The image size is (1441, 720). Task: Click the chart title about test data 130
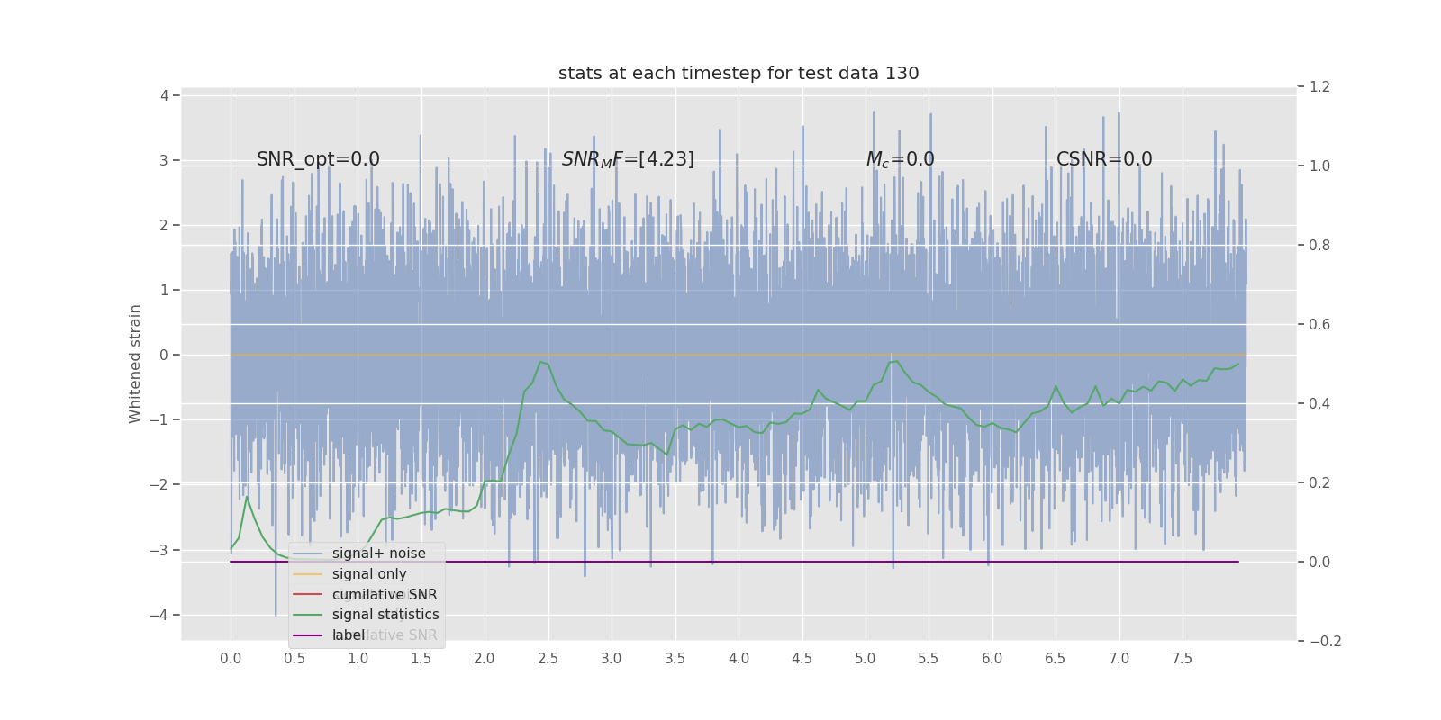coord(739,74)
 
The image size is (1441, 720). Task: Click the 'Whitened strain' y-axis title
coord(135,364)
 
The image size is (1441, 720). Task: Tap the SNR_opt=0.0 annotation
coord(318,159)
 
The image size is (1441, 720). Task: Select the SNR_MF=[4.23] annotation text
coord(628,159)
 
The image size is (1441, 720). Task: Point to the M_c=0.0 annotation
coord(900,159)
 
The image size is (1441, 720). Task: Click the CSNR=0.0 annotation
coord(1104,159)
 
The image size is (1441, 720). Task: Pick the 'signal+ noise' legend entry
coord(378,553)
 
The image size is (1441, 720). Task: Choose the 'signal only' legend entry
coord(369,574)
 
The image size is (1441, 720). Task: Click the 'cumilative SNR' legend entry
coord(385,595)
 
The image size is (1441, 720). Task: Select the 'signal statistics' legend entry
coord(385,615)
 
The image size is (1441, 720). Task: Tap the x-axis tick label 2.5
coord(548,659)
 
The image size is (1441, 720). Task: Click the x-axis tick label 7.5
coord(1182,659)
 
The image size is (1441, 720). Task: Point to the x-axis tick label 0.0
coord(231,659)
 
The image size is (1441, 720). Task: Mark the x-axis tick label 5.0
coord(865,659)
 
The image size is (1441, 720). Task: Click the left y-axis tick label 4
coord(164,95)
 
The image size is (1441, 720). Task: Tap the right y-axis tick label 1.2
coord(1319,87)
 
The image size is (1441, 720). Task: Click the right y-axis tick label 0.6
coord(1319,325)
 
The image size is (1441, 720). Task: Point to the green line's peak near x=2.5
coord(540,362)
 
